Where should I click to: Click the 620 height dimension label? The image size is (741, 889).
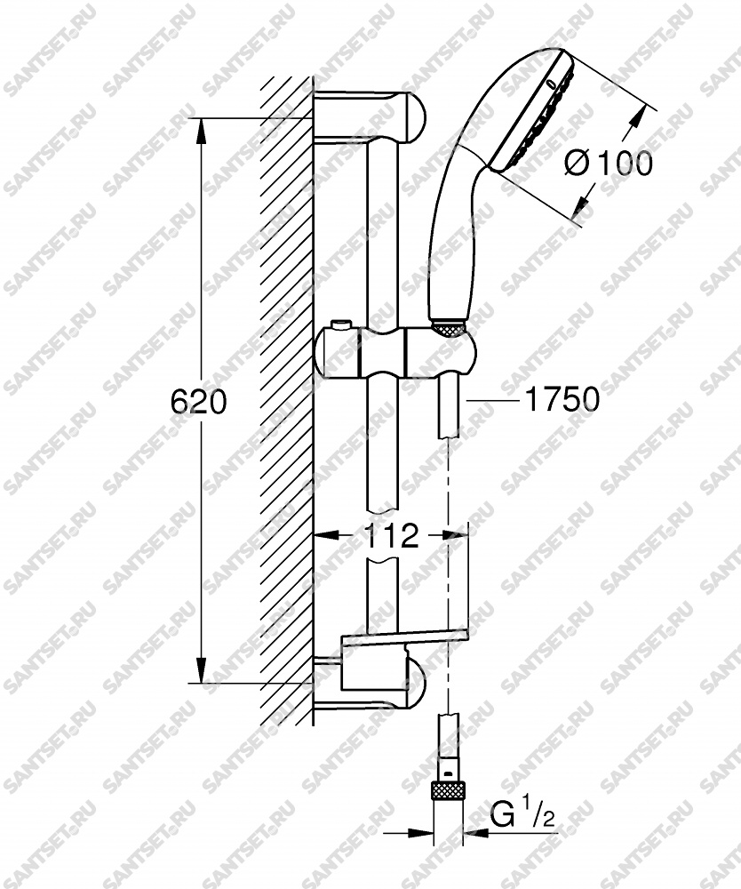coord(198,402)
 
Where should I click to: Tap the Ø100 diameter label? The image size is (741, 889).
coord(609,164)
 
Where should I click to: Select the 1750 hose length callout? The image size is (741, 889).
coord(562,399)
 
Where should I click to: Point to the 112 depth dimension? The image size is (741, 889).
coord(390,535)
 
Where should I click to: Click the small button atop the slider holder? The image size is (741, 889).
coord(341,324)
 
